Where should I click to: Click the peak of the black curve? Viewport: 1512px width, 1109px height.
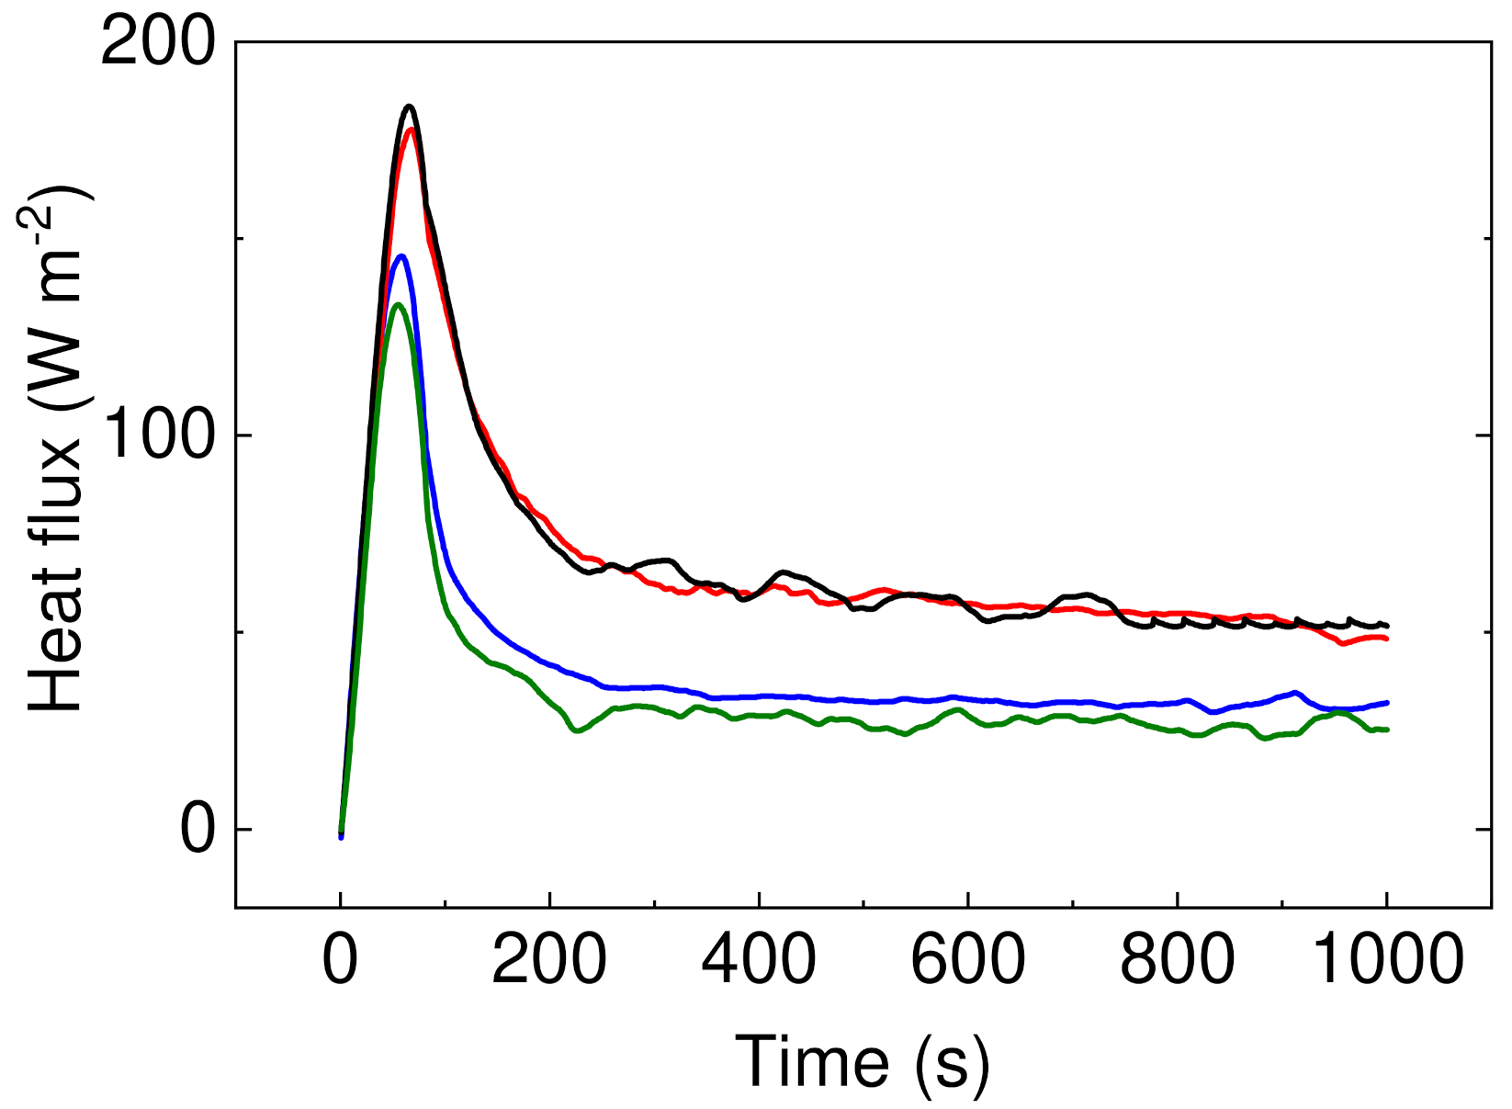point(410,107)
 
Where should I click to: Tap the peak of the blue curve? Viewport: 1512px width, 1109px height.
point(401,256)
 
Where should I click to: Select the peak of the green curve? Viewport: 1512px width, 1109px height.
point(397,304)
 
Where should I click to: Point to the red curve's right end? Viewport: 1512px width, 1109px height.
point(1386,639)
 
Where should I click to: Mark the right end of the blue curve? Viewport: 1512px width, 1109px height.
point(1387,702)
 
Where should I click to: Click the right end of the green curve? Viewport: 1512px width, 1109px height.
point(1387,730)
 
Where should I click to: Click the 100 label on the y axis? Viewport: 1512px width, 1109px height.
point(158,436)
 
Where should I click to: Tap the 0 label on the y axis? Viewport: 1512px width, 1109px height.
point(197,830)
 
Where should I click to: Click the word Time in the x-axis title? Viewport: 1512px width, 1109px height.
point(812,1061)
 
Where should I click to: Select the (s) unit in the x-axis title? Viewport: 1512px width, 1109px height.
point(953,1063)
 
